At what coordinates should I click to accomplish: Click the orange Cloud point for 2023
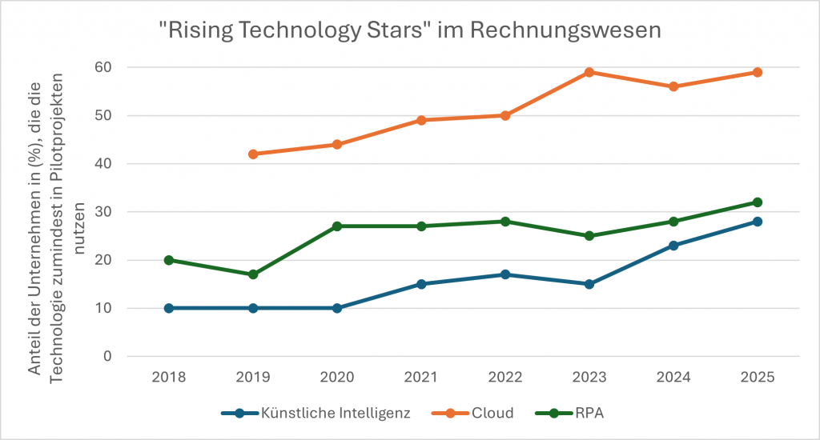coord(589,72)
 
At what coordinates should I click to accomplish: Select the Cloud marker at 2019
coord(253,154)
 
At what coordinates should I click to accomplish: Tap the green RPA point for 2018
coord(169,260)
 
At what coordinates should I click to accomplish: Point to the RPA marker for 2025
coord(757,202)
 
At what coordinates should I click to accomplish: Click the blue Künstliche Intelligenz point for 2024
coord(673,246)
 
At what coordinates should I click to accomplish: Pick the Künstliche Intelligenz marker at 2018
coord(169,308)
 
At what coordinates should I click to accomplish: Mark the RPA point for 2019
coord(253,274)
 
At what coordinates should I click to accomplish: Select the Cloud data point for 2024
coord(673,86)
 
